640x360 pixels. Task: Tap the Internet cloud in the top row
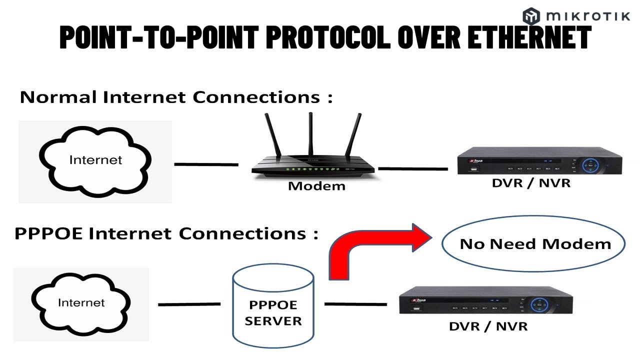(95, 160)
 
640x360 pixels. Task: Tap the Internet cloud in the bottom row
(81, 303)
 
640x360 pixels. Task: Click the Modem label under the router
(316, 186)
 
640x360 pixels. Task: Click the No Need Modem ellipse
(535, 244)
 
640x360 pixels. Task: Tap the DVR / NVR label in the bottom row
(488, 326)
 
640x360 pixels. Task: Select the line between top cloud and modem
(206, 164)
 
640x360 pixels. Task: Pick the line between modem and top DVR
(413, 168)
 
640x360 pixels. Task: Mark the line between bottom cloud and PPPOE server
(189, 304)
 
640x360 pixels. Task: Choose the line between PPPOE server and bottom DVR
(355, 304)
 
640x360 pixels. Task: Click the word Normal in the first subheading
(58, 97)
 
